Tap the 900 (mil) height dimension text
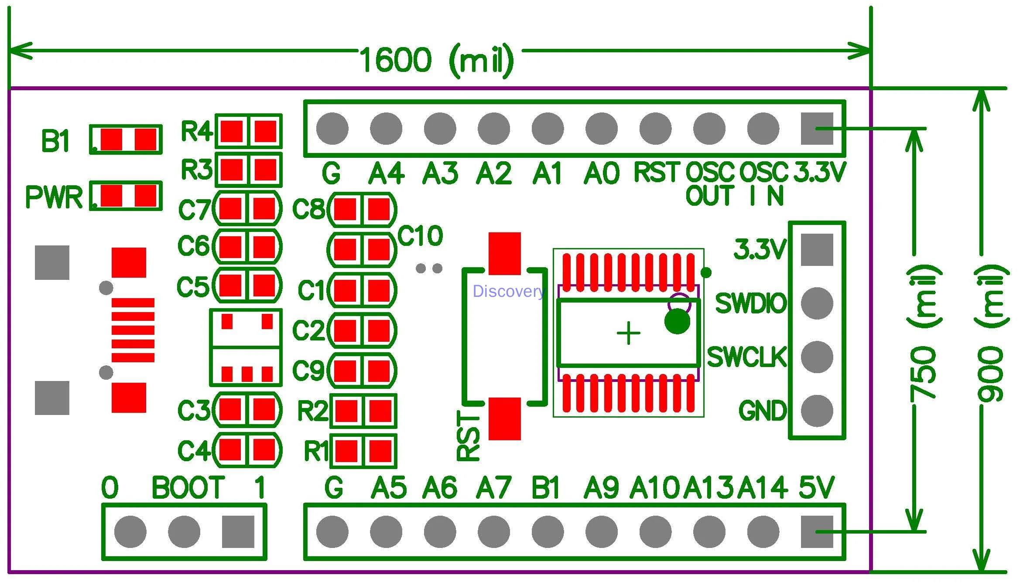[991, 333]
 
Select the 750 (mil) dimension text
[924, 333]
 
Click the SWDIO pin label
[750, 303]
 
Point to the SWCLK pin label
[746, 357]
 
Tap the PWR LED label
[54, 197]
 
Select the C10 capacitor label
[420, 236]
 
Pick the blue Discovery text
[509, 291]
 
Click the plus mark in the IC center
[629, 334]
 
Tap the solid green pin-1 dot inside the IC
[677, 322]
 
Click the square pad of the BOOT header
[238, 532]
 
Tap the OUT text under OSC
[710, 196]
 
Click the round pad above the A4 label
[386, 129]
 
